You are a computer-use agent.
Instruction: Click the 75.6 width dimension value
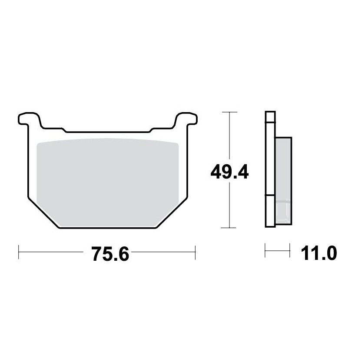click(x=110, y=254)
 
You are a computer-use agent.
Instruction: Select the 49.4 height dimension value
click(x=229, y=172)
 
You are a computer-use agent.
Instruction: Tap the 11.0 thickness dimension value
click(x=319, y=253)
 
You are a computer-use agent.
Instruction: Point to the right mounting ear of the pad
click(x=186, y=120)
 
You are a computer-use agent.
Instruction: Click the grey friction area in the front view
click(x=108, y=183)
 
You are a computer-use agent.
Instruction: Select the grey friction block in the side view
click(x=283, y=181)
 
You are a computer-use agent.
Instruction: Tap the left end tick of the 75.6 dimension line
click(x=18, y=252)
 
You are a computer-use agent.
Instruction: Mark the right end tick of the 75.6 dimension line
click(x=195, y=252)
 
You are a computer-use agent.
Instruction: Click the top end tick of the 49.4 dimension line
click(x=229, y=112)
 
